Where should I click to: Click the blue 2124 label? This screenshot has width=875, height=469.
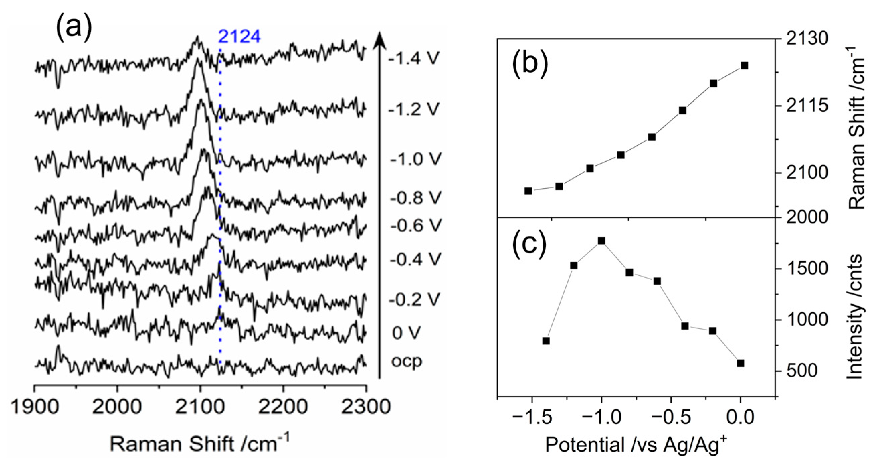click(x=239, y=37)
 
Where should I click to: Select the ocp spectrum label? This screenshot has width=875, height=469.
click(x=407, y=361)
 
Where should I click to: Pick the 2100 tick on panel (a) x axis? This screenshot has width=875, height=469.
click(x=200, y=407)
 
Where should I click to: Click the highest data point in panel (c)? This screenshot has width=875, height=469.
click(x=601, y=241)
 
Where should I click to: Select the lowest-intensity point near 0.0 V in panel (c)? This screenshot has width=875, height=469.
click(x=741, y=363)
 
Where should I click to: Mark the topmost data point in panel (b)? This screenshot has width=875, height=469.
click(x=744, y=65)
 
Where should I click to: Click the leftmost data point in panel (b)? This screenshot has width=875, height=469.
click(x=528, y=191)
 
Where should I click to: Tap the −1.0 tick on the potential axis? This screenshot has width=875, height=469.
click(x=601, y=417)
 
